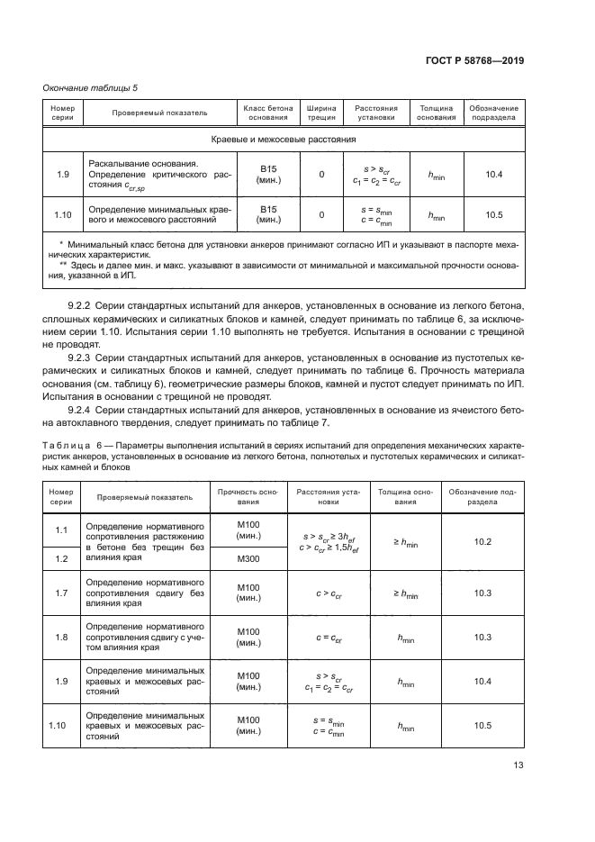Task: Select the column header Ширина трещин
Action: click(x=321, y=112)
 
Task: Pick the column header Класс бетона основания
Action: click(x=267, y=112)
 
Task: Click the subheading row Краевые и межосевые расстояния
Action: click(x=284, y=140)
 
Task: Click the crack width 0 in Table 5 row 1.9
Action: click(x=321, y=175)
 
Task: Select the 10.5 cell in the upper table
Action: click(x=493, y=214)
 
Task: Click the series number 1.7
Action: click(x=61, y=593)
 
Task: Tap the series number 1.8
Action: click(x=61, y=638)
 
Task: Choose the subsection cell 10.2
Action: click(x=482, y=541)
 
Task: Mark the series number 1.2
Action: click(x=61, y=558)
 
